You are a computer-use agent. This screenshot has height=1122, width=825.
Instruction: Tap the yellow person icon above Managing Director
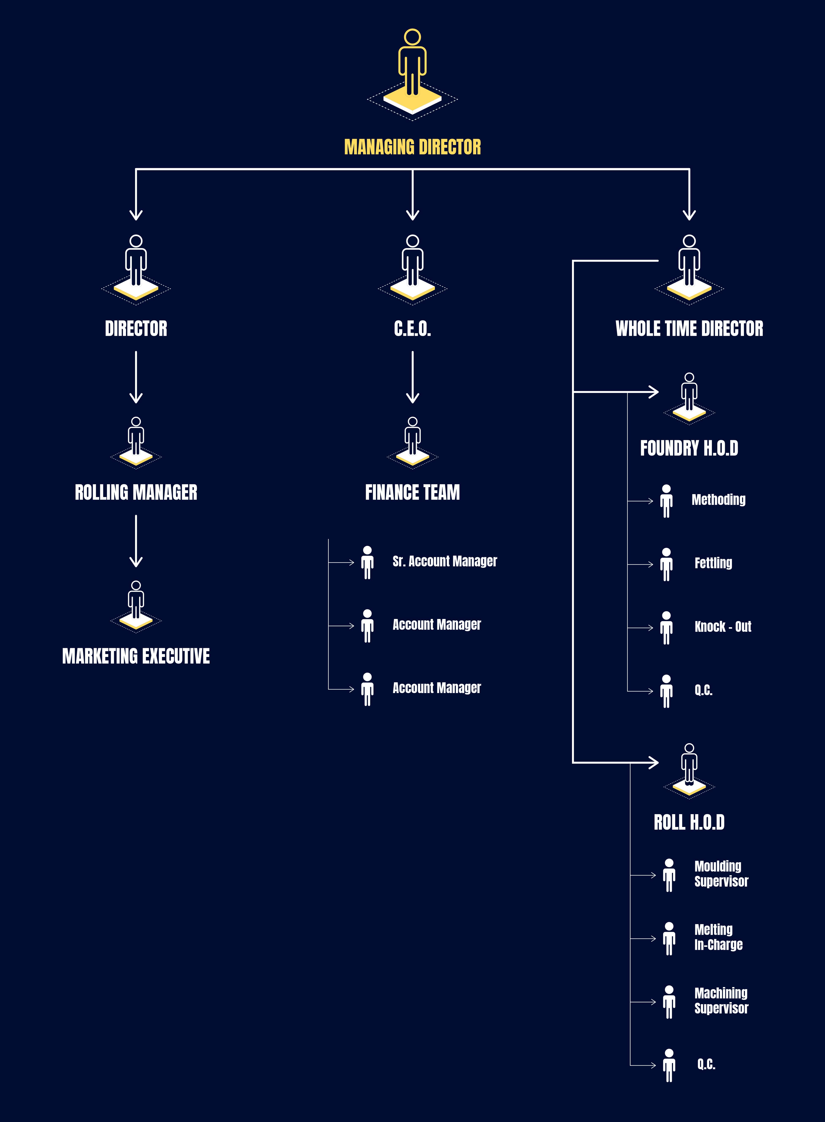pyautogui.click(x=412, y=63)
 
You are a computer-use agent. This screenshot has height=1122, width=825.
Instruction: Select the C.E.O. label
pyautogui.click(x=412, y=329)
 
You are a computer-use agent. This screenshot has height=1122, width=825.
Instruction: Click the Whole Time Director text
pyautogui.click(x=689, y=329)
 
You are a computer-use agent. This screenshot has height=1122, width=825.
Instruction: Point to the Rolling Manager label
pyautogui.click(x=136, y=492)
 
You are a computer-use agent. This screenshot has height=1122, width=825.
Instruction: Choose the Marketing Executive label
pyautogui.click(x=136, y=656)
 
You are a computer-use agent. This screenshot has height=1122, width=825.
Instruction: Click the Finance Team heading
pyautogui.click(x=412, y=492)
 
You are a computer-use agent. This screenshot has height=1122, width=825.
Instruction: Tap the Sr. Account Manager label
pyautogui.click(x=445, y=561)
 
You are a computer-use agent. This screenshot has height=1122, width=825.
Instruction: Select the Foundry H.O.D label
pyautogui.click(x=689, y=448)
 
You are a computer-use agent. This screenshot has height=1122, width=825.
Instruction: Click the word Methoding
pyautogui.click(x=718, y=500)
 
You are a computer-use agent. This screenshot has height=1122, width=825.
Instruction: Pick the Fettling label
pyautogui.click(x=713, y=563)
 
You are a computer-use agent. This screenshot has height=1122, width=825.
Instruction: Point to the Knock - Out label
pyautogui.click(x=723, y=626)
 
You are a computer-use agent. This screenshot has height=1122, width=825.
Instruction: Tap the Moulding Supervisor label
pyautogui.click(x=721, y=874)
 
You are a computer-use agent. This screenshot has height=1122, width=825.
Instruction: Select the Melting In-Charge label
pyautogui.click(x=718, y=937)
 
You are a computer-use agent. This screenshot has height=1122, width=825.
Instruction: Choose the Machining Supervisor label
pyautogui.click(x=721, y=1001)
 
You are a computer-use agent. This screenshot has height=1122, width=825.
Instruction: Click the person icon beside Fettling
pyautogui.click(x=666, y=565)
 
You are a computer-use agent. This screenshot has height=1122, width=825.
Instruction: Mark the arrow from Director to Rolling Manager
pyautogui.click(x=136, y=377)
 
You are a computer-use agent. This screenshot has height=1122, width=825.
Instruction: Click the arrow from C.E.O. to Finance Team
pyautogui.click(x=412, y=377)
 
